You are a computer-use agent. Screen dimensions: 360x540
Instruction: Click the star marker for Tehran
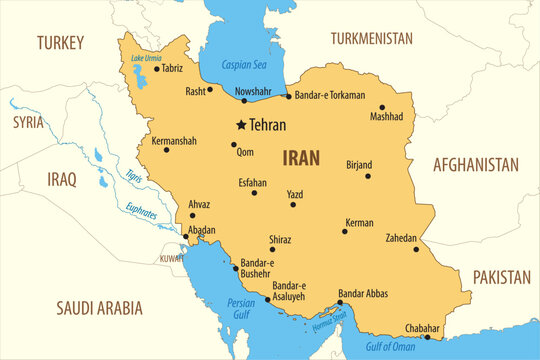click(241, 125)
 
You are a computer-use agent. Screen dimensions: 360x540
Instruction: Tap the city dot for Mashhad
click(382, 107)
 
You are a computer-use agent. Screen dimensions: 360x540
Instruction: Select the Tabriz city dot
click(156, 69)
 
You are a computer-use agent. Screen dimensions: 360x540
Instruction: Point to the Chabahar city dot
click(427, 337)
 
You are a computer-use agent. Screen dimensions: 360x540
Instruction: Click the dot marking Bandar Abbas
click(340, 302)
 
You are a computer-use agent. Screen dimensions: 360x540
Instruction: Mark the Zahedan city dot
click(416, 248)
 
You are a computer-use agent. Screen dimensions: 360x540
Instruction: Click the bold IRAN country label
click(303, 157)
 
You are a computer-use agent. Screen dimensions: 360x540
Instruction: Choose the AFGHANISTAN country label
click(476, 165)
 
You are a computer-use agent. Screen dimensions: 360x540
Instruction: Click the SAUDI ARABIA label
click(99, 308)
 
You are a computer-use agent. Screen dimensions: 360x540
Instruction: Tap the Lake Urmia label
click(146, 58)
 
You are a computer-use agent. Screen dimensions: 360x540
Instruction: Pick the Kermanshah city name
click(174, 141)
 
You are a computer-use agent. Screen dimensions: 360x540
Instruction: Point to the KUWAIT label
click(170, 258)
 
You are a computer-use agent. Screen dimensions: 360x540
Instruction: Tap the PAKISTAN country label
click(501, 276)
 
